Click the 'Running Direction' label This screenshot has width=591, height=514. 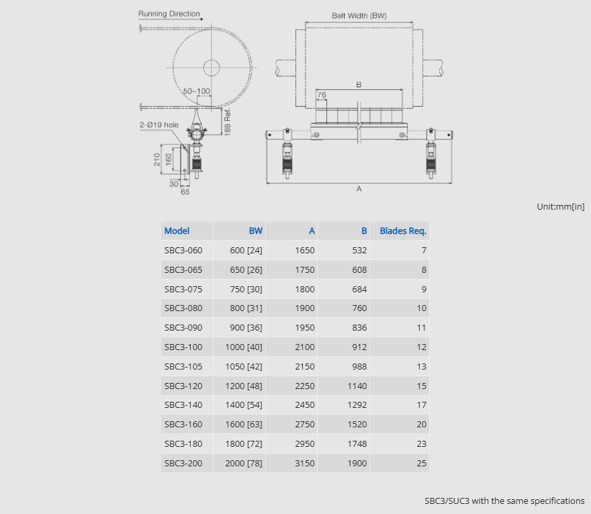click(x=169, y=13)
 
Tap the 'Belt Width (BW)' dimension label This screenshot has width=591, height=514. click(x=359, y=15)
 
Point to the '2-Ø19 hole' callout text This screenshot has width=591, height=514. click(x=158, y=125)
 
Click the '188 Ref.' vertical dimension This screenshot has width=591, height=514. click(x=227, y=122)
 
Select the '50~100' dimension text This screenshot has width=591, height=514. click(x=196, y=91)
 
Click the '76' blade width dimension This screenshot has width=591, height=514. click(x=322, y=95)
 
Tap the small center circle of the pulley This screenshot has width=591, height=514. click(x=212, y=68)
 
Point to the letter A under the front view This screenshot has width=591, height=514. click(x=359, y=189)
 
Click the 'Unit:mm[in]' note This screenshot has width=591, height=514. click(x=561, y=207)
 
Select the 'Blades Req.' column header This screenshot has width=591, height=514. click(x=403, y=230)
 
